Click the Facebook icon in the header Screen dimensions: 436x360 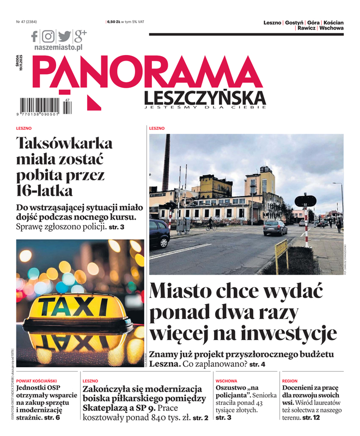tap(35, 37)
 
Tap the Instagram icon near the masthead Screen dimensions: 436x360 tap(48, 37)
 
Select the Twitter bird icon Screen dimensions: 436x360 tap(64, 37)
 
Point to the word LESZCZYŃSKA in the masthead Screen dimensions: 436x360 tap(205, 98)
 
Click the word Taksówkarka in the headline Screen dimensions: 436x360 tap(64, 144)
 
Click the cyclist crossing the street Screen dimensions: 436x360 tap(210, 225)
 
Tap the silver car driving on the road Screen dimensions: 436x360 tap(275, 228)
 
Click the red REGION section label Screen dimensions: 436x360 tap(290, 381)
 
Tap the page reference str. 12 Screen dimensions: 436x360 tap(312, 417)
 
